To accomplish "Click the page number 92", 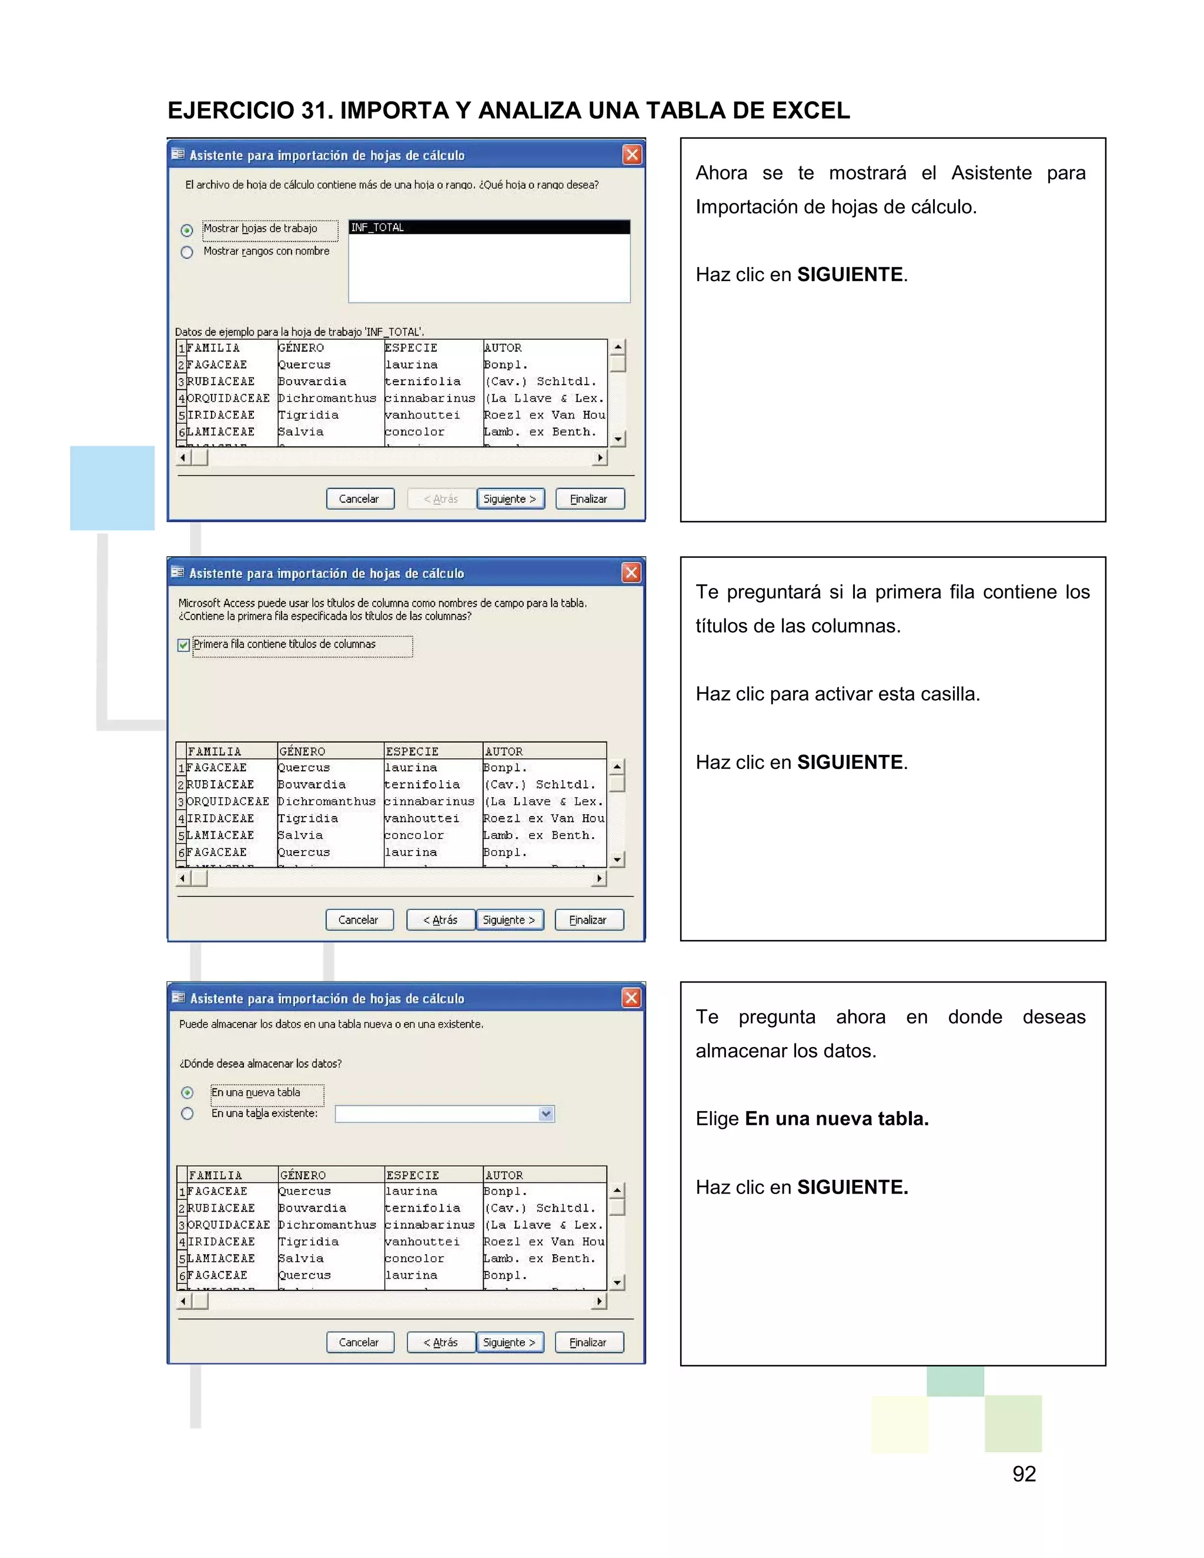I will point(1024,1473).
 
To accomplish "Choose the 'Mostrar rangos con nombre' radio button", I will point(187,252).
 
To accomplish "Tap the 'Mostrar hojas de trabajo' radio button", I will point(187,230).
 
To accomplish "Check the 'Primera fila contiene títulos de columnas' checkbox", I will point(183,645).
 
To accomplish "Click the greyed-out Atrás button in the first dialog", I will point(440,499).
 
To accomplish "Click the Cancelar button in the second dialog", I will point(358,920).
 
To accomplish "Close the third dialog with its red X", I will point(631,997).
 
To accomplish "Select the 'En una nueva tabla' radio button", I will point(188,1093).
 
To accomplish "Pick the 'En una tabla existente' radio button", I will point(188,1114).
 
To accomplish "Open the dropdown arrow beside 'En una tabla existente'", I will point(546,1114).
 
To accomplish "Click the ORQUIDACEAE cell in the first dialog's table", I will point(228,398).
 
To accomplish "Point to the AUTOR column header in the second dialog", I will point(504,751).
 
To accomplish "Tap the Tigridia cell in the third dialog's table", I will point(308,1241).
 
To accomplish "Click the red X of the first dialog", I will point(632,155).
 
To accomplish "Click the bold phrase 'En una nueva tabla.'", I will point(836,1119).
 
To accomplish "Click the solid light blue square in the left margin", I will point(112,488).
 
